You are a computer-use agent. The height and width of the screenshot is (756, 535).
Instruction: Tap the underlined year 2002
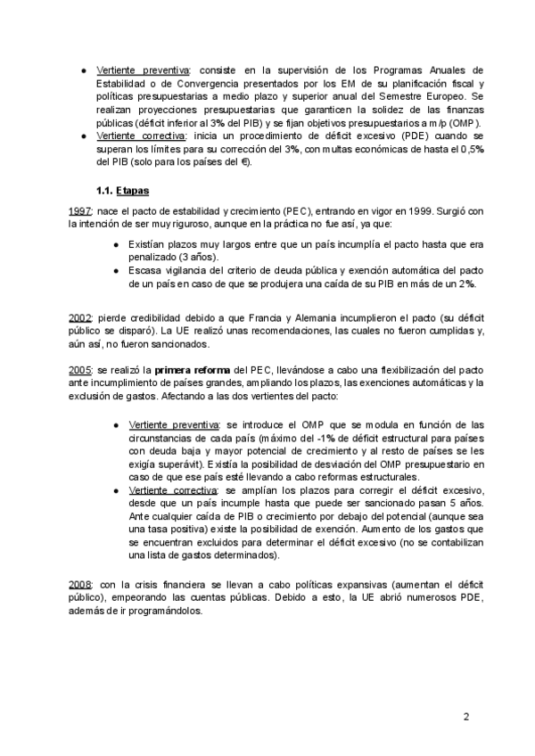[x=79, y=318]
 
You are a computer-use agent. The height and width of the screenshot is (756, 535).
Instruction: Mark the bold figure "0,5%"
[x=470, y=149]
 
